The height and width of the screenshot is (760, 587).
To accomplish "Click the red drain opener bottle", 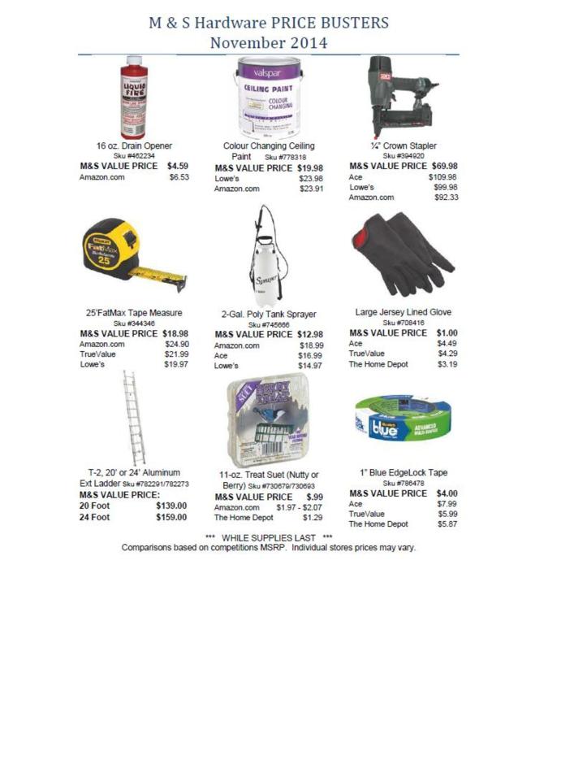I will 134,97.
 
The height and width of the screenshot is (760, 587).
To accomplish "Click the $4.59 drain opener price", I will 177,165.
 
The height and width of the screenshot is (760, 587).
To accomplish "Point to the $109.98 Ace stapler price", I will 442,176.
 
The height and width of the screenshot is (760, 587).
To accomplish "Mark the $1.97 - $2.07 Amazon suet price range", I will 299,507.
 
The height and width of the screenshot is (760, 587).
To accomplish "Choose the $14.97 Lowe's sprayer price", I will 310,366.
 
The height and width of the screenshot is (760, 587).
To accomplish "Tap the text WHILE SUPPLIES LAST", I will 267,537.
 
